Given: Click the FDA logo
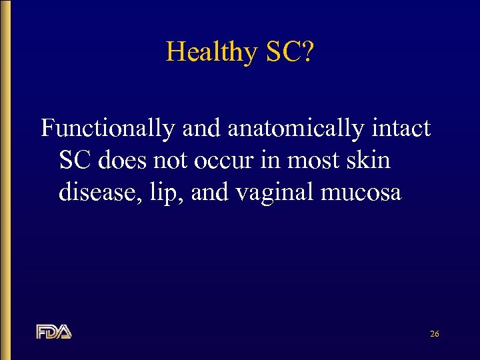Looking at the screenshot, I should tap(54, 331).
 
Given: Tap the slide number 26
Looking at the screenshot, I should tap(434, 333).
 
